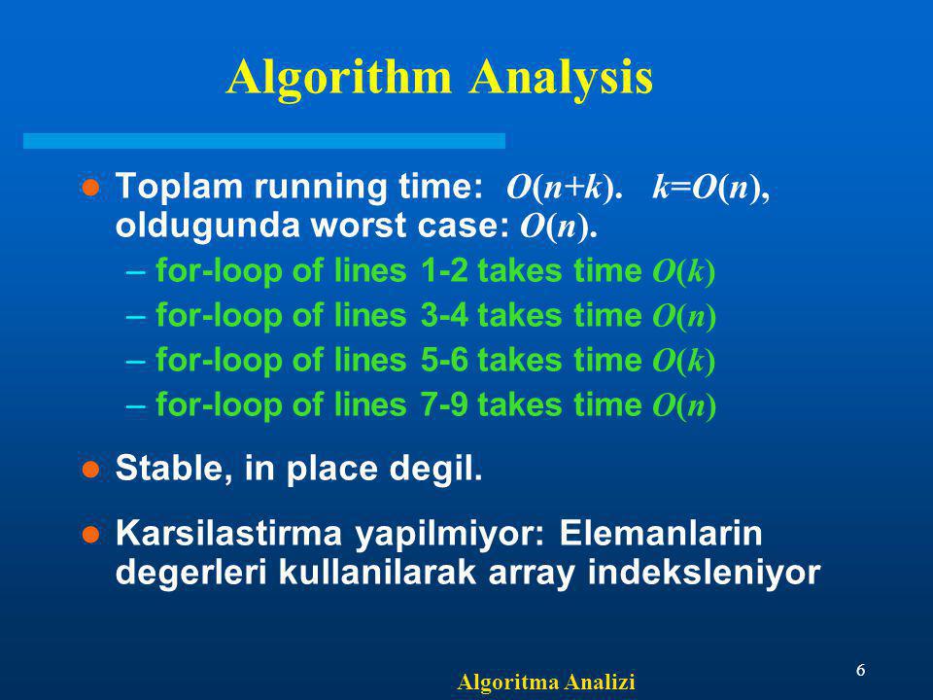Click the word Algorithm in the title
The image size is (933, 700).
point(339,78)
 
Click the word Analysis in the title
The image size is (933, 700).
point(561,78)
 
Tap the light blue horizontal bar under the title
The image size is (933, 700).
point(264,141)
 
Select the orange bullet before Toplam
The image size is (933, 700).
point(90,188)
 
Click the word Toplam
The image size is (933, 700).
point(181,188)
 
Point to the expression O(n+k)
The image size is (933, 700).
point(564,188)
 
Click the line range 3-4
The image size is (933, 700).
point(444,315)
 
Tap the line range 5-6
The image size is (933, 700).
point(444,360)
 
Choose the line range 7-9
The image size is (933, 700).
point(444,404)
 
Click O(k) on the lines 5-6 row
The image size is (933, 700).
point(683,362)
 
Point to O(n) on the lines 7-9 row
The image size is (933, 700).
point(684,406)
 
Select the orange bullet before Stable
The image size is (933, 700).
point(90,470)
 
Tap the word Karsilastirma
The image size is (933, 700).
point(228,533)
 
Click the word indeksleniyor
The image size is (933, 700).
point(705,572)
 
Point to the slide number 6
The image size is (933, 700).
point(860,670)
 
